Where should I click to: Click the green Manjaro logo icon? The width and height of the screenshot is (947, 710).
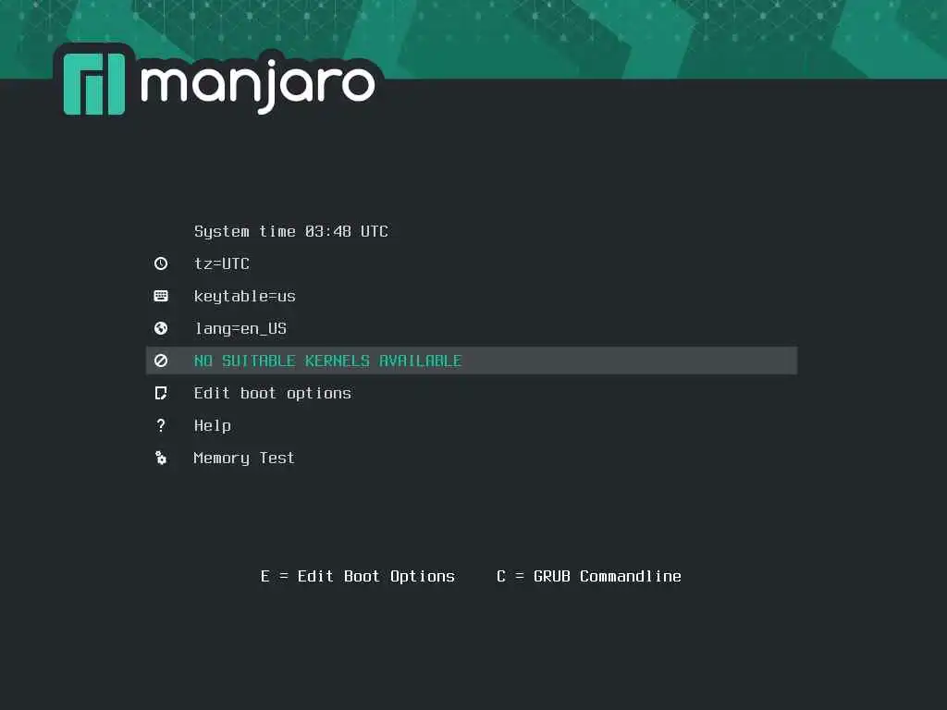click(x=94, y=84)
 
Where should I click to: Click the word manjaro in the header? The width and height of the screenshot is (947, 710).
click(x=258, y=86)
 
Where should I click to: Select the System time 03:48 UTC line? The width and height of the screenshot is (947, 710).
click(x=290, y=231)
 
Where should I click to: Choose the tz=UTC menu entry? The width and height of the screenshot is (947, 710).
click(x=221, y=263)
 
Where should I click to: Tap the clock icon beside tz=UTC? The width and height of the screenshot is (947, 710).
click(x=161, y=263)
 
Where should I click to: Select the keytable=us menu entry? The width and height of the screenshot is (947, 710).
click(x=244, y=297)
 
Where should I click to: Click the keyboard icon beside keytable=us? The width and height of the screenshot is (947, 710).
click(x=161, y=296)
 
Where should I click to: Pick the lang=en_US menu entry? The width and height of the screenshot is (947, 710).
click(x=240, y=328)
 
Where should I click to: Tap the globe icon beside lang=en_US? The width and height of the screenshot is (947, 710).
click(x=161, y=328)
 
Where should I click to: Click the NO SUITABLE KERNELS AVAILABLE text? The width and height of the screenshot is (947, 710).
click(x=327, y=361)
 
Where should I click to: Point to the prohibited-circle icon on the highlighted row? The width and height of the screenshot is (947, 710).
click(x=161, y=361)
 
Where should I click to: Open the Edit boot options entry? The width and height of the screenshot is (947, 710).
click(x=273, y=394)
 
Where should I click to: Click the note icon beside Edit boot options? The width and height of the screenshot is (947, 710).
click(x=161, y=394)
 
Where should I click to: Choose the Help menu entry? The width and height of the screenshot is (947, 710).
click(x=212, y=425)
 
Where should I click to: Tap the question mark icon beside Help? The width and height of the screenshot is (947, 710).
click(x=161, y=425)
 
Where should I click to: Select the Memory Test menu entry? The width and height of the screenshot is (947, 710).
click(x=244, y=459)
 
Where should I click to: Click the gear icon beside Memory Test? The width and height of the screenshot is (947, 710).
click(x=161, y=459)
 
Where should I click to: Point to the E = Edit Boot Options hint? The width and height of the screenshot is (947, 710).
click(x=358, y=577)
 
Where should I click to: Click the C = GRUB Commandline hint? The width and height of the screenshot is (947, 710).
click(x=589, y=577)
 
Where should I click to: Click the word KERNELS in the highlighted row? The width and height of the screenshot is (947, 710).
click(x=337, y=361)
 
